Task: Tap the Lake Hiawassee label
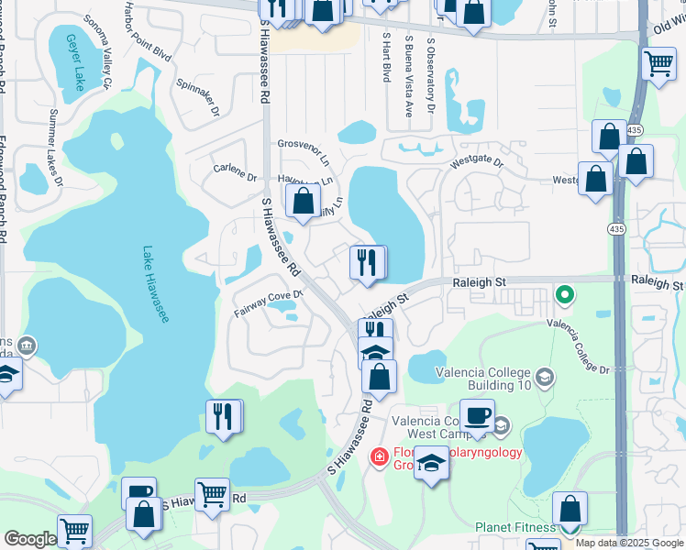click(x=156, y=283)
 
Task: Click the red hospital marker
click(x=377, y=456)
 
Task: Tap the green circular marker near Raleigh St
click(x=565, y=295)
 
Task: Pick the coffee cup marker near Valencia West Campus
click(x=476, y=416)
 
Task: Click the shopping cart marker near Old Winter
click(x=658, y=63)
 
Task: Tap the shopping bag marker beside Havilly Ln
click(x=303, y=201)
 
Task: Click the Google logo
click(x=29, y=539)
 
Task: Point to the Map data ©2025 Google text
click(x=629, y=543)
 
